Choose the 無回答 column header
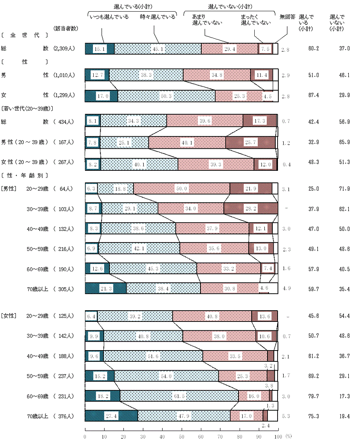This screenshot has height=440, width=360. (287, 17)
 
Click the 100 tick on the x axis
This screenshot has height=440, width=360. (277, 436)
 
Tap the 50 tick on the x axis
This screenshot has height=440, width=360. (181, 436)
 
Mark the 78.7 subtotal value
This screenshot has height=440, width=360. (314, 396)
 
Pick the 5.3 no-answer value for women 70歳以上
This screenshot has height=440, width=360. (287, 417)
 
